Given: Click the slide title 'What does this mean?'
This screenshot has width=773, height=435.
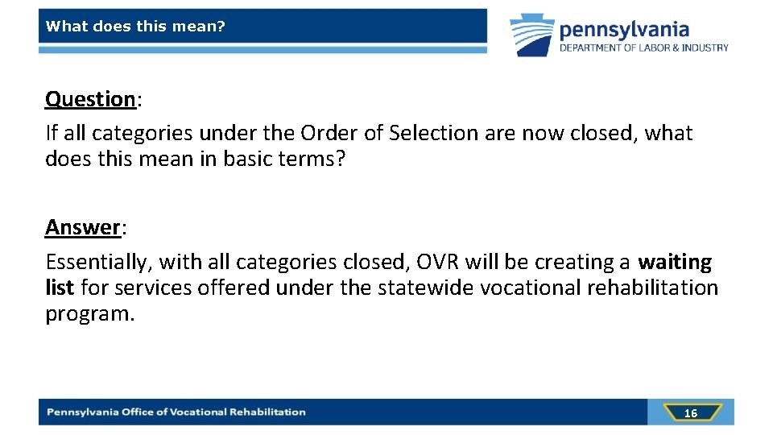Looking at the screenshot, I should click(135, 27).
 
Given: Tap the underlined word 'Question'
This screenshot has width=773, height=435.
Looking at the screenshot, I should click(90, 100).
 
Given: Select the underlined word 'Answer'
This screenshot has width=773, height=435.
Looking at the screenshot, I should click(82, 229).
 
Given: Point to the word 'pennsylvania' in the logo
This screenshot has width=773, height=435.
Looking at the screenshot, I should click(624, 30).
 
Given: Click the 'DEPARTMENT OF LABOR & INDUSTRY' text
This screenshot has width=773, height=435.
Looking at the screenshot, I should click(644, 48).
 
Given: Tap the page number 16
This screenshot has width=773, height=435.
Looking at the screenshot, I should click(690, 413).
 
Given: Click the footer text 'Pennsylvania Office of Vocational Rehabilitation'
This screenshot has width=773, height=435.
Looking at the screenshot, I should click(176, 412).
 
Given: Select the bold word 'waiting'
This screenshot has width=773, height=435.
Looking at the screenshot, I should click(675, 263).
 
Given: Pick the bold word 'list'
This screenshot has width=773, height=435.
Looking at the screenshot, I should click(60, 288).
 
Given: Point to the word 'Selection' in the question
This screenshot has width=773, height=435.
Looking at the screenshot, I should click(434, 133).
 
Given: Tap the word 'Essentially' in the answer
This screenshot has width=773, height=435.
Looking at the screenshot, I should click(96, 263).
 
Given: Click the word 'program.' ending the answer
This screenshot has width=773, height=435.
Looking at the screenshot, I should click(89, 313).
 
